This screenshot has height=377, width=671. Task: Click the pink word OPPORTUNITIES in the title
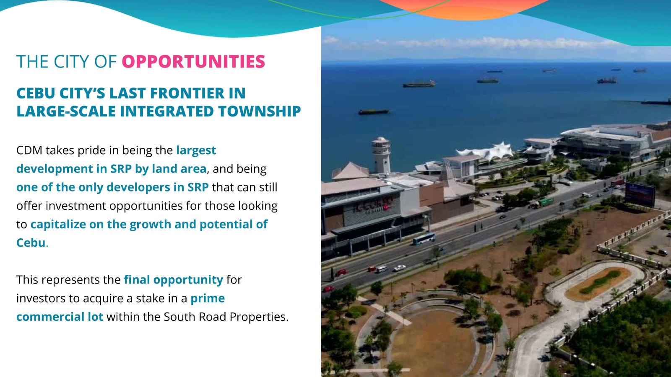[193, 61]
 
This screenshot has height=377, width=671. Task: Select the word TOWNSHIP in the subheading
[260, 111]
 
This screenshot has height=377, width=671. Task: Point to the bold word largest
[196, 150]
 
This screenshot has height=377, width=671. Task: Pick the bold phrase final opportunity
[174, 280]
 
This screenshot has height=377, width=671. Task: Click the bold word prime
[208, 299]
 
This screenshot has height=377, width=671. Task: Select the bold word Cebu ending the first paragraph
[31, 243]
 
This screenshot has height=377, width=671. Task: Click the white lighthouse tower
[381, 155]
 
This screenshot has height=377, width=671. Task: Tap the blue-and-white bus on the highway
[424, 238]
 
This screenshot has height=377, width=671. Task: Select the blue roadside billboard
[640, 194]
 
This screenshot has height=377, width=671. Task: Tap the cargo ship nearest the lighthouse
[374, 112]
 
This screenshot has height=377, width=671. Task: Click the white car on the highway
[399, 268]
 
